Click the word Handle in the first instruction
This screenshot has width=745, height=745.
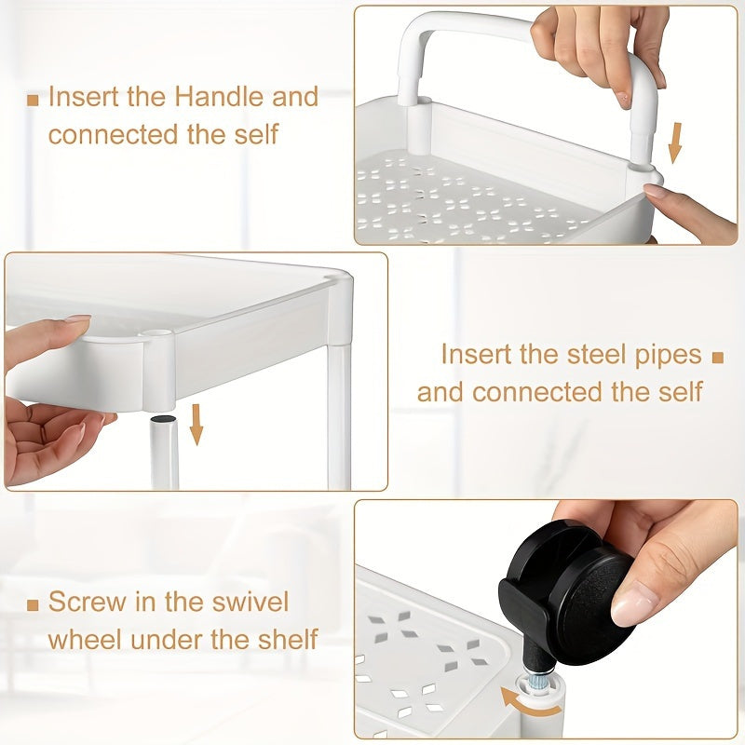click(x=220, y=97)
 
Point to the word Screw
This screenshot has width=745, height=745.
click(x=88, y=602)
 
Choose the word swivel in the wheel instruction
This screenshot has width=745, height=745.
click(x=251, y=602)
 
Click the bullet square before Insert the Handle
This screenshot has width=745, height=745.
click(x=33, y=101)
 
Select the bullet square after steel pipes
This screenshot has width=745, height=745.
click(x=717, y=358)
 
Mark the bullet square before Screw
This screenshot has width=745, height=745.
click(x=33, y=604)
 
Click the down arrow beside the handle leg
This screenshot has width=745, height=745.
click(x=674, y=143)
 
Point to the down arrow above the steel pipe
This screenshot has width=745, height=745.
click(x=196, y=425)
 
